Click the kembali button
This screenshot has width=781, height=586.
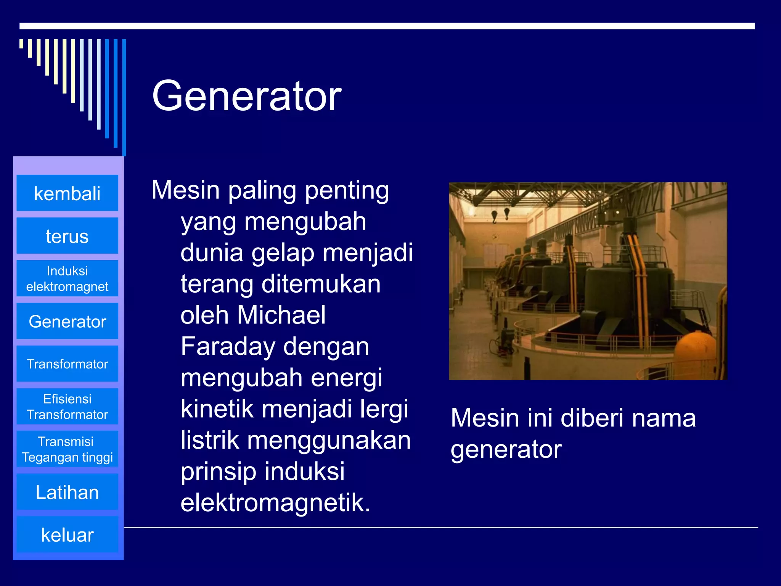[x=67, y=193]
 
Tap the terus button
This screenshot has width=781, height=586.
[x=67, y=236]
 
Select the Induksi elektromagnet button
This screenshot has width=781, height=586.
[x=67, y=279]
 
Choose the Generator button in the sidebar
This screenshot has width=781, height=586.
[x=67, y=321]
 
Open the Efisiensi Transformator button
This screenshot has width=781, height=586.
[x=67, y=407]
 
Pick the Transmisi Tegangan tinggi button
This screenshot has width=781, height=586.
[x=67, y=449]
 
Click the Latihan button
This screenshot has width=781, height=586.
[x=67, y=492]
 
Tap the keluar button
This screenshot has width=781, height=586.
[x=67, y=534]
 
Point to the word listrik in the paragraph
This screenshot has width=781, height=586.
[x=211, y=440]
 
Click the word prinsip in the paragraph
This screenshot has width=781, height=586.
[x=218, y=472]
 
